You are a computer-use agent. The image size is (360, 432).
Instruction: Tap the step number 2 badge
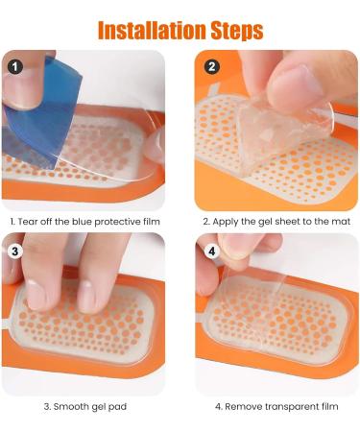click(211, 67)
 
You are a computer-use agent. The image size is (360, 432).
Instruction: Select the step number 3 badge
click(15, 252)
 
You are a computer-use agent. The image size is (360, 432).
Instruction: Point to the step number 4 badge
click(211, 252)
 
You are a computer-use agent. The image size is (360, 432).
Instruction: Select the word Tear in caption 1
click(28, 222)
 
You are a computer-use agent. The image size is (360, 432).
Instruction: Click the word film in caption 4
click(329, 406)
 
